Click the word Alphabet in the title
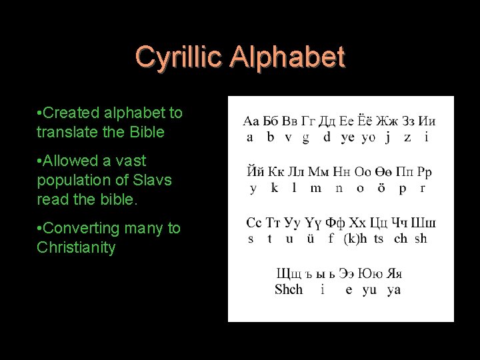pyautogui.click(x=287, y=57)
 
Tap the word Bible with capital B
pyautogui.click(x=148, y=132)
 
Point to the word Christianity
pyautogui.click(x=76, y=248)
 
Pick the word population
pyautogui.click(x=71, y=180)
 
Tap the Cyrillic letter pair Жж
pyautogui.click(x=387, y=121)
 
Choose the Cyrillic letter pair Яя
pyautogui.click(x=393, y=273)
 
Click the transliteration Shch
pyautogui.click(x=289, y=289)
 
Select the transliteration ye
pyautogui.click(x=347, y=138)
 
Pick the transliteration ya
pyautogui.click(x=393, y=290)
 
